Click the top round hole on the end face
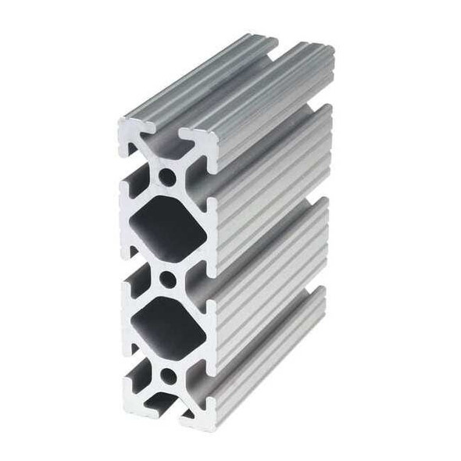click(x=167, y=177)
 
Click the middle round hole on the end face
click(x=167, y=277)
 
